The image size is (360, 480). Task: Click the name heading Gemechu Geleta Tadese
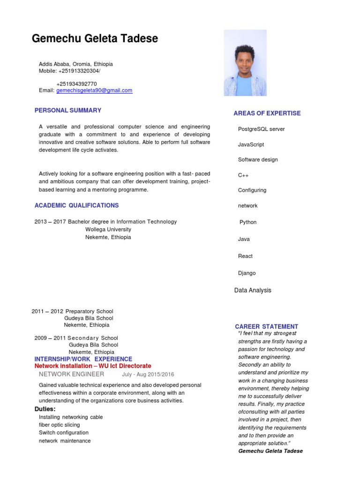[x=95, y=39]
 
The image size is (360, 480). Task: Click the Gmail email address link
[x=94, y=90]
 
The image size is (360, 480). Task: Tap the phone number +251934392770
[x=76, y=84]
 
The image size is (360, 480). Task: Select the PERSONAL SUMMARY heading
[x=68, y=111]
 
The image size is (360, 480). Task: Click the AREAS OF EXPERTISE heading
[x=267, y=113]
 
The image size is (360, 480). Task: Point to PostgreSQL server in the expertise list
[x=261, y=129]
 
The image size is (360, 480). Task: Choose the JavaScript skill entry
[x=251, y=145]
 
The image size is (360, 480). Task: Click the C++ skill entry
[x=243, y=175]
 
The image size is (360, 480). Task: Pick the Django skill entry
[x=247, y=273]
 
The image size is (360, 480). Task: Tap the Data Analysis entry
[x=253, y=291]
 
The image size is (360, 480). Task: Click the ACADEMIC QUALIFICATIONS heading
[x=76, y=205]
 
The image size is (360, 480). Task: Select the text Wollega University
[x=108, y=230]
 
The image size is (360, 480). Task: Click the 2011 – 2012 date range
[x=47, y=311]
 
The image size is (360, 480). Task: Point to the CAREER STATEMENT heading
[x=266, y=327]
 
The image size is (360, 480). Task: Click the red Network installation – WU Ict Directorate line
[x=93, y=366]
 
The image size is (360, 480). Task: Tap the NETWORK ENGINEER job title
[x=71, y=374]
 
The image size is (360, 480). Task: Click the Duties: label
[x=45, y=409]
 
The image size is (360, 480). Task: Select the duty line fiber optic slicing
[x=60, y=425]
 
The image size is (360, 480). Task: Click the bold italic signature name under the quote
[x=270, y=451]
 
